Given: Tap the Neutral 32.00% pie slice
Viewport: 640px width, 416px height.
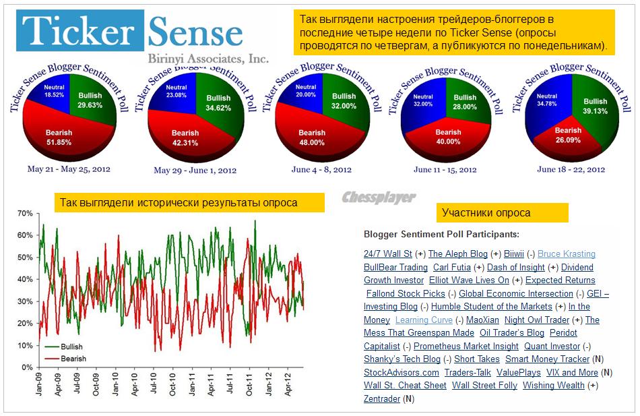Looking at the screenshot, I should (x=423, y=100).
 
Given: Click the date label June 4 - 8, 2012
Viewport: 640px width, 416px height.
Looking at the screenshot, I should (x=321, y=169).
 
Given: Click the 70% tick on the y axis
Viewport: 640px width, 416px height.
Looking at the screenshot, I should (x=24, y=214).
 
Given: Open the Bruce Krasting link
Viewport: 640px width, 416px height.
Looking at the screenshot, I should (x=566, y=254).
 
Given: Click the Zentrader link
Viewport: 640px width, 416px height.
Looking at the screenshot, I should (x=382, y=399).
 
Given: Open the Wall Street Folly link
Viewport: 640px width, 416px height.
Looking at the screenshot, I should (x=484, y=386).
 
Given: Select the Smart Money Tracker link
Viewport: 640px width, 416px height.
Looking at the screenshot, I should (x=547, y=359).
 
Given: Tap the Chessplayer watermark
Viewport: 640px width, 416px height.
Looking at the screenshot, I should (x=379, y=198).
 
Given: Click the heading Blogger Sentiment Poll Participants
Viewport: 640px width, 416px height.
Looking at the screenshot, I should (x=441, y=235).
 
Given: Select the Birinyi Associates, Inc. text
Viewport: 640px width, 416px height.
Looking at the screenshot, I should (x=208, y=59).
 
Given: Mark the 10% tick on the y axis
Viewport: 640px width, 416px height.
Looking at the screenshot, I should (x=24, y=346).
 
